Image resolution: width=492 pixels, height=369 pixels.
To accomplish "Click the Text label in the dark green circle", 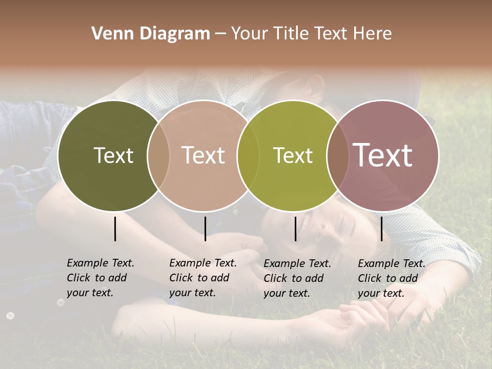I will pyautogui.click(x=113, y=155).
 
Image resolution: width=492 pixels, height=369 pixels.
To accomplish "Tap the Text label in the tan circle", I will pyautogui.click(x=203, y=155).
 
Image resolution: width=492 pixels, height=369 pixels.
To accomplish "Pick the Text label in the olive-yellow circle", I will pyautogui.click(x=293, y=155).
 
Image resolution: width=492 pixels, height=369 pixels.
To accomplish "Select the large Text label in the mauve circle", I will pyautogui.click(x=383, y=155).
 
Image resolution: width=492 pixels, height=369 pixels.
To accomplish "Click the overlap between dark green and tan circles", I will pyautogui.click(x=158, y=155).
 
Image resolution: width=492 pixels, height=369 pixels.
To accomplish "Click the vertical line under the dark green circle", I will pyautogui.click(x=115, y=229).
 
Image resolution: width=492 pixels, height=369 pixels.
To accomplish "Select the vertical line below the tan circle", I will pyautogui.click(x=205, y=229).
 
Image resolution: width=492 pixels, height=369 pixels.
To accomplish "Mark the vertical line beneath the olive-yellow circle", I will pyautogui.click(x=296, y=229).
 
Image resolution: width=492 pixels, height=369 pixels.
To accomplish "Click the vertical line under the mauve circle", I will pyautogui.click(x=381, y=229).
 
